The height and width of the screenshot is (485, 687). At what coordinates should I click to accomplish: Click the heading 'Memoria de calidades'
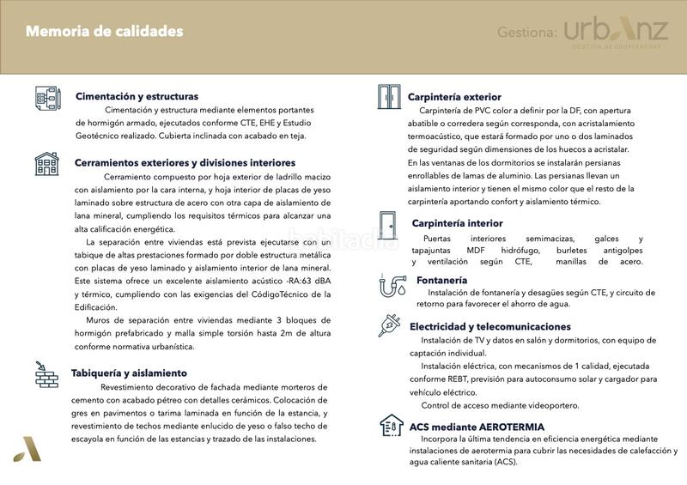(104, 32)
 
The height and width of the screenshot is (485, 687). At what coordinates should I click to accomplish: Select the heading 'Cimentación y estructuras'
(137, 96)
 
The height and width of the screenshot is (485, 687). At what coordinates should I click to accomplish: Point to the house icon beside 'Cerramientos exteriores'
(46, 162)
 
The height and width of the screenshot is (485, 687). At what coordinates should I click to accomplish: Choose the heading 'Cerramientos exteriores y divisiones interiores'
(185, 162)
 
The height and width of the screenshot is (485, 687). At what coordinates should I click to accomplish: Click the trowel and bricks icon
(46, 373)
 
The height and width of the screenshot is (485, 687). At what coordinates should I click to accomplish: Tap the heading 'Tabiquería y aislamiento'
(131, 373)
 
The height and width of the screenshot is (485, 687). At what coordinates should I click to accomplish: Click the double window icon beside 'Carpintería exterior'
(389, 97)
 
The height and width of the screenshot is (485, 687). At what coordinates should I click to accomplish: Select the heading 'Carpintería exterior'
(454, 97)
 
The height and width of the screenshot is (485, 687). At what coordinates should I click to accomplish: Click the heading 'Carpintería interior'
(458, 223)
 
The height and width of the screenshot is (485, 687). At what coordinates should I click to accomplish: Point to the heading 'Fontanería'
(441, 280)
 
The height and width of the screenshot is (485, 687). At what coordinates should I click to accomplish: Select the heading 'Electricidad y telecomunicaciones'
(489, 327)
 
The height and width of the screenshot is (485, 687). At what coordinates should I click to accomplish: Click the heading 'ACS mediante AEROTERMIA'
(477, 427)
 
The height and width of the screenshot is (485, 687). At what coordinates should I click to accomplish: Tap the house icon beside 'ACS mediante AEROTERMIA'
(391, 426)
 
